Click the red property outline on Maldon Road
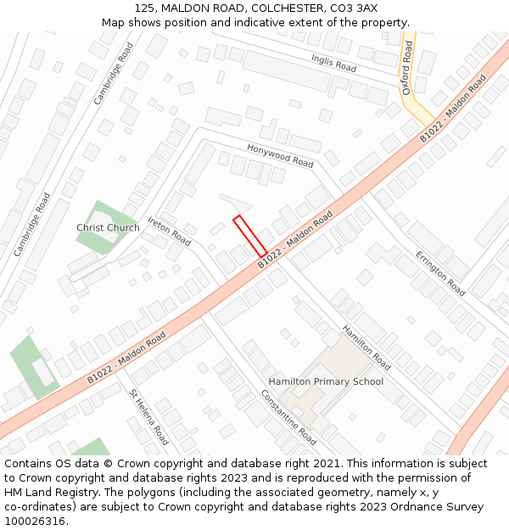[x=250, y=236]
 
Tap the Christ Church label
[x=108, y=228]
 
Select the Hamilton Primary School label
[x=326, y=382]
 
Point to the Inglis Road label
[x=333, y=63]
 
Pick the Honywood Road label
[x=280, y=155]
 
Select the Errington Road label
[x=439, y=272]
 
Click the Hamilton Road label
[x=366, y=346]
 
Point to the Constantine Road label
[x=288, y=417]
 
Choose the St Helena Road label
[x=148, y=416]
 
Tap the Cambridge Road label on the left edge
[x=32, y=225]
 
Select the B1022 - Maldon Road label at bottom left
[x=126, y=357]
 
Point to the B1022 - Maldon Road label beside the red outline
[x=295, y=242]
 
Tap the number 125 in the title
[x=144, y=8]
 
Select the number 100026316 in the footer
[x=35, y=521]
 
